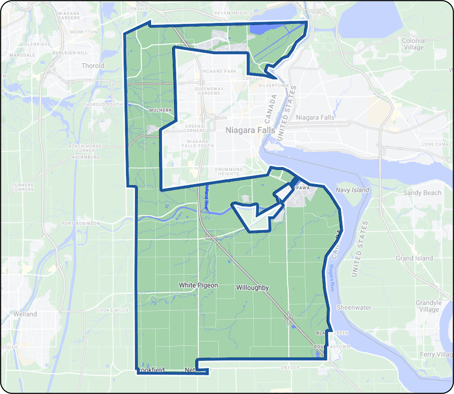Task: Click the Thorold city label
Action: click(93, 66)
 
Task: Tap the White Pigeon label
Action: click(198, 285)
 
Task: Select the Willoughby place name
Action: click(252, 288)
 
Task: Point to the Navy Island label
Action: click(352, 190)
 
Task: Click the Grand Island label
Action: click(414, 258)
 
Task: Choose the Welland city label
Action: click(25, 314)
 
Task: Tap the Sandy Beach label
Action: click(422, 193)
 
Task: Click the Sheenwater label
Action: click(354, 308)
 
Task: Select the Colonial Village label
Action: click(414, 44)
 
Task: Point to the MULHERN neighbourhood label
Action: click(160, 110)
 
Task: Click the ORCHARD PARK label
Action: click(218, 71)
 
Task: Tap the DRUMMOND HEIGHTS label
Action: click(229, 172)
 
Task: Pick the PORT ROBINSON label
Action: click(81, 224)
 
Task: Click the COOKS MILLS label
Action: click(112, 310)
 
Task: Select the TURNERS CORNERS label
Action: click(23, 187)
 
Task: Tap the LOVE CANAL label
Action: click(436, 144)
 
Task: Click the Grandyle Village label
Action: click(429, 306)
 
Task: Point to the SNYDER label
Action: click(290, 368)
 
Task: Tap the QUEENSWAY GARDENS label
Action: click(209, 91)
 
